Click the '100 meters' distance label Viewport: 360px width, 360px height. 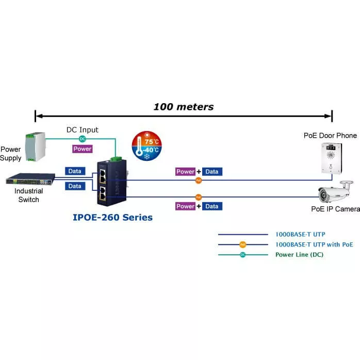(183, 107)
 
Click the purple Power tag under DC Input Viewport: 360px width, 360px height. (82, 149)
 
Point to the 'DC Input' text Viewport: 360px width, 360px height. (82, 130)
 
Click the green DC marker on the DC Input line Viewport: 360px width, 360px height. (82, 139)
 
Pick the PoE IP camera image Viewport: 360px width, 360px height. (337, 194)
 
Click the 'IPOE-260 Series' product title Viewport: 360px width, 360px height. (112, 218)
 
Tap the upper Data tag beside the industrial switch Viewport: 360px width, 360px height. (75, 171)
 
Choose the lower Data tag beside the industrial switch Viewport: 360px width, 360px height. (75, 186)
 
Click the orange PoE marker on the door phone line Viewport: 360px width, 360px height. (199, 180)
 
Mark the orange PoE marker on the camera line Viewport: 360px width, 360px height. (199, 197)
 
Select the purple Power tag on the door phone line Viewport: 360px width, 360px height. (185, 172)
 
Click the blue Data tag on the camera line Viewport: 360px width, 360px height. (211, 206)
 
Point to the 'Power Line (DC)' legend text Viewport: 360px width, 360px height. (299, 254)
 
